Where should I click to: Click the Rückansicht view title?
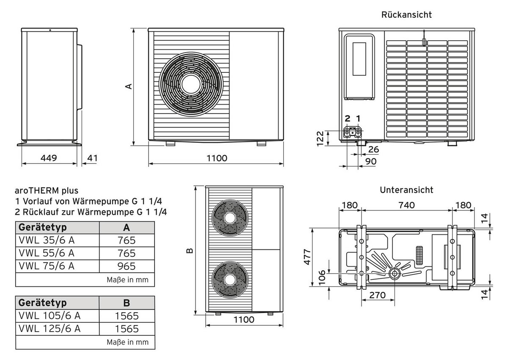(406, 15)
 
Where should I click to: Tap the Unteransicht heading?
(406, 190)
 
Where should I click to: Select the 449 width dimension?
(49, 158)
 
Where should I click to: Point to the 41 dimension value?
(92, 158)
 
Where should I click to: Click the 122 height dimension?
(320, 138)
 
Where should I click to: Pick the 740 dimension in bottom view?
(406, 205)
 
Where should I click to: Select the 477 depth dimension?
(308, 257)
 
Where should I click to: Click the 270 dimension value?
(377, 295)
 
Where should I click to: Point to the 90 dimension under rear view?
(370, 161)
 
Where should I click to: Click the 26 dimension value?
(373, 149)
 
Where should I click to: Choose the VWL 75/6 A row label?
(47, 266)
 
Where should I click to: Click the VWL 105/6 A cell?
(50, 316)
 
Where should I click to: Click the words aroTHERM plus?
(47, 191)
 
